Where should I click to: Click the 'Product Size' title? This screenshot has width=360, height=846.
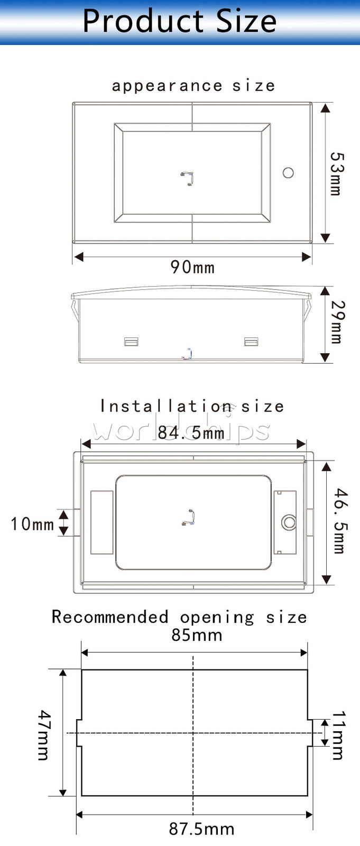179,21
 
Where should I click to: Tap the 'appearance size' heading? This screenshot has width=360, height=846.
193,86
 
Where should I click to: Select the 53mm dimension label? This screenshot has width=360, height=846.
337,174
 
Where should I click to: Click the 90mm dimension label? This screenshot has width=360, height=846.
192,267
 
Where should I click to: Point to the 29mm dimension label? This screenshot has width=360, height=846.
337,322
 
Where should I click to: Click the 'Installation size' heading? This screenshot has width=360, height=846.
192,407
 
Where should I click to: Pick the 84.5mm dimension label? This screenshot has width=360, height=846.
191,433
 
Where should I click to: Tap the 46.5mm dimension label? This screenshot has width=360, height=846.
339,521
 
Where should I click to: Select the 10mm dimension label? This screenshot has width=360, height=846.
32,524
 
